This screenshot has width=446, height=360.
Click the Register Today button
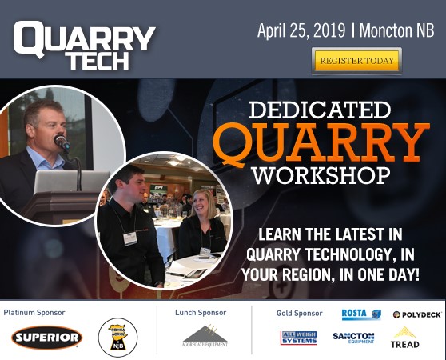(356, 61)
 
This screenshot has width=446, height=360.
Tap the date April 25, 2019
(301, 31)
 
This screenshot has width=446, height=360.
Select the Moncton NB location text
(396, 31)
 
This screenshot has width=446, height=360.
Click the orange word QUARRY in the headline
(321, 142)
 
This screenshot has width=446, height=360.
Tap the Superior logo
(46, 338)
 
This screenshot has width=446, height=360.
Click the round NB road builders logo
(117, 337)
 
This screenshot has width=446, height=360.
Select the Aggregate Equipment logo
(205, 335)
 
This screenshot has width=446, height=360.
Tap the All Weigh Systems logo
(298, 338)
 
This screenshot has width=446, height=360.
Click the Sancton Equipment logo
(353, 338)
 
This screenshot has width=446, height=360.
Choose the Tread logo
(404, 337)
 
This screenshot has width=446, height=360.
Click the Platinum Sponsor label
(34, 313)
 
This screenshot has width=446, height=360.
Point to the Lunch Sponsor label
(200, 313)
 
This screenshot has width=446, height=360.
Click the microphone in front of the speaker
(62, 142)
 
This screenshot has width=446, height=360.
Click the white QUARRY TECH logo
(84, 43)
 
